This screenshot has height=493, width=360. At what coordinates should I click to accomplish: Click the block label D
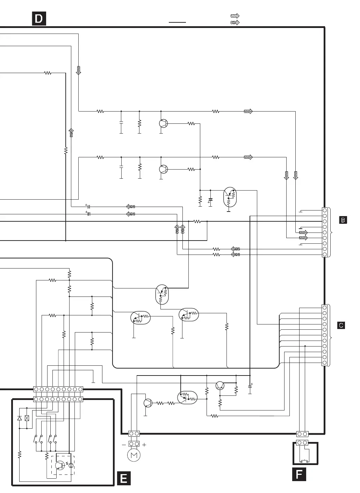coord(39,19)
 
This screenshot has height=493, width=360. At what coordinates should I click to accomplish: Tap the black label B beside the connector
coord(343,220)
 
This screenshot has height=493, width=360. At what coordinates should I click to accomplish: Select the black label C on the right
coord(341,325)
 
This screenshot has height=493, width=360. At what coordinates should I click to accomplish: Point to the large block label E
coord(123,478)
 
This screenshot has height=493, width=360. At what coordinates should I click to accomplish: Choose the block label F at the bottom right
coord(299,474)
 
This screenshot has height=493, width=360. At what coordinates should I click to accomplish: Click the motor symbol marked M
coord(134,455)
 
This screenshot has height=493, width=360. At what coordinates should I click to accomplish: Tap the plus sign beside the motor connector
coord(144,445)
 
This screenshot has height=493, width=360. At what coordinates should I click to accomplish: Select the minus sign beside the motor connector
coord(124,445)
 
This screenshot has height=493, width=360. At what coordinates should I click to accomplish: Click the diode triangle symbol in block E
coord(20,418)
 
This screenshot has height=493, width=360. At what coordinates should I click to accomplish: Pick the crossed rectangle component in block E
coord(27,418)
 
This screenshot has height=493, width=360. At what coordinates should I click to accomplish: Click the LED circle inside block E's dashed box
coord(71,465)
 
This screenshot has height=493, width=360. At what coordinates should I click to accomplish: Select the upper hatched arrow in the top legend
coord(235,16)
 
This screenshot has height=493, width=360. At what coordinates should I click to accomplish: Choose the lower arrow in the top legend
coord(235,22)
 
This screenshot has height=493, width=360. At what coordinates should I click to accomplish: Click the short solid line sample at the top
coord(177,22)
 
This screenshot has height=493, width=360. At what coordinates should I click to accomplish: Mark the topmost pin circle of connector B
coord(325,210)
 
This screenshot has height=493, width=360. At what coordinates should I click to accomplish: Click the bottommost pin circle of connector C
coord(325,363)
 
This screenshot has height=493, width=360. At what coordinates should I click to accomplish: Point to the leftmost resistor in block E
coord(20,455)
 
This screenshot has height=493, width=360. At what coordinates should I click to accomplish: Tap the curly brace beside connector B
coord(331,232)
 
